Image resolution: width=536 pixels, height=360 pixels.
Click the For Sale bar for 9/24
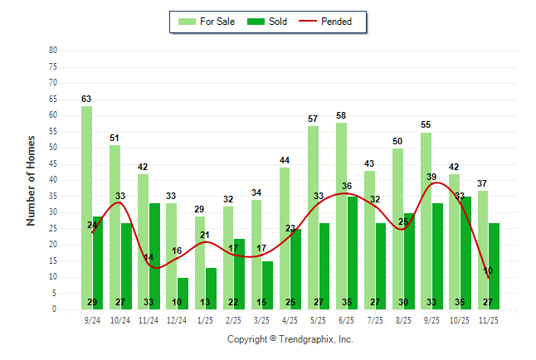86,207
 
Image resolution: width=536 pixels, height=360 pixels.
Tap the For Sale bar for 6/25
342,216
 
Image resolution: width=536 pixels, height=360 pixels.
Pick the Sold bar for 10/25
466,249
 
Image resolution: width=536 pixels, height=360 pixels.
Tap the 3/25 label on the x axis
262,319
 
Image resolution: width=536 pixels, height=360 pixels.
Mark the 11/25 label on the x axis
489,319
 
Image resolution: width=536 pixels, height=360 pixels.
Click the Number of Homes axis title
32,180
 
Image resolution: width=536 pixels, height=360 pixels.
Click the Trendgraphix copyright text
290,339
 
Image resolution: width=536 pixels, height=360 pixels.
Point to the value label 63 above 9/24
86,99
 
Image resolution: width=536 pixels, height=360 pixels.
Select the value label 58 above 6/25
341,115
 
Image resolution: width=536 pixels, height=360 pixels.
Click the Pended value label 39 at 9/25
431,177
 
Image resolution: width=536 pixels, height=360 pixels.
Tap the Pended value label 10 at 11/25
488,271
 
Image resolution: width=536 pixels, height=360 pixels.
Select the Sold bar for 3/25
268,282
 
